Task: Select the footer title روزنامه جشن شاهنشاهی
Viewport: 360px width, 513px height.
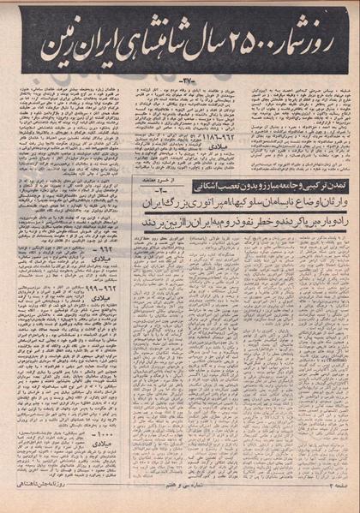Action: [39, 505]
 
